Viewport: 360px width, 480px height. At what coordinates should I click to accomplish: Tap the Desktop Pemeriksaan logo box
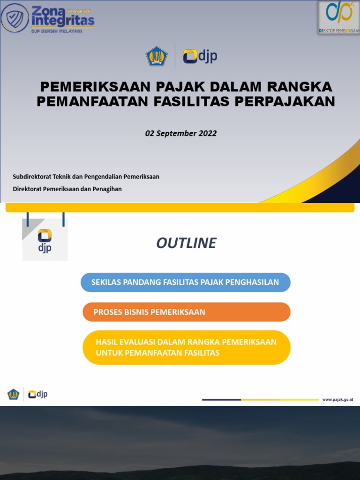(x=338, y=18)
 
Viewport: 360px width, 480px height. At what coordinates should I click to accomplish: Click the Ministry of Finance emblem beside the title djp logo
(x=157, y=56)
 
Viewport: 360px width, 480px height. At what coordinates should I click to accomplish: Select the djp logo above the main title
(x=200, y=56)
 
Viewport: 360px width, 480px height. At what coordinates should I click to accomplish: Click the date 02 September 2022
(x=181, y=133)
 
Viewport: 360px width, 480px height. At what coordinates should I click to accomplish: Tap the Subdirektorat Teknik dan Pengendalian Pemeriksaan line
(x=86, y=177)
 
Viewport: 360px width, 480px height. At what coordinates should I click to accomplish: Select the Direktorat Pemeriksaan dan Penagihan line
(x=67, y=189)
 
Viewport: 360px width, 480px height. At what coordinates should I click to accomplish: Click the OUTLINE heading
(x=186, y=243)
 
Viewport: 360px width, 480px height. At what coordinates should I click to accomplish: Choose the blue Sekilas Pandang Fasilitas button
(x=186, y=282)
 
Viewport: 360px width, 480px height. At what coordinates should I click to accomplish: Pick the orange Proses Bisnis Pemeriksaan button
(x=186, y=312)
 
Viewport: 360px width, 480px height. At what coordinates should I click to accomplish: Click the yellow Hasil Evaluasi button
(x=186, y=347)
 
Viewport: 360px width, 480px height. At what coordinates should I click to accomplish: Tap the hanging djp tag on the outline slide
(x=45, y=240)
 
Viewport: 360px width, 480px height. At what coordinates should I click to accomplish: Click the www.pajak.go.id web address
(x=337, y=399)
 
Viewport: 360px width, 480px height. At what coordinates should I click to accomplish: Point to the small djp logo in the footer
(x=38, y=394)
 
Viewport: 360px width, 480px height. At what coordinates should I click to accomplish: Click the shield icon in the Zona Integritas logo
(x=15, y=17)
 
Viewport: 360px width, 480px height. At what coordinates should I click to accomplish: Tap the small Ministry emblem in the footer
(x=13, y=394)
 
